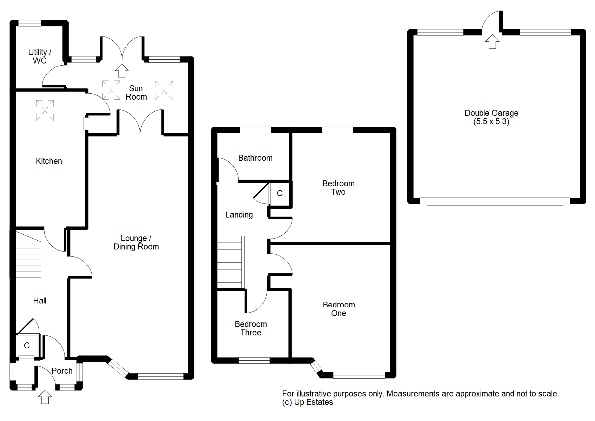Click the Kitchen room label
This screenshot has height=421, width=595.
click(x=49, y=161)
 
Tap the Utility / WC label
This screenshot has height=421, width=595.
click(x=40, y=56)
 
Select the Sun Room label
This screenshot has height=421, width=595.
click(x=136, y=93)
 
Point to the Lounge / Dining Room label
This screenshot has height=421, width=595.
click(x=136, y=242)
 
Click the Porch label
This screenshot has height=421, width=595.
click(x=62, y=371)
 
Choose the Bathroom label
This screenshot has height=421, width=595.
click(x=255, y=158)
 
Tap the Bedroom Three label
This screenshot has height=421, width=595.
click(x=251, y=328)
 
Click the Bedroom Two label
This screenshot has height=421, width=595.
click(x=339, y=188)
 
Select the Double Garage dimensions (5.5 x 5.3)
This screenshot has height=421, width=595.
click(x=491, y=122)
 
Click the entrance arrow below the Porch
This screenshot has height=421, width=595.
click(x=45, y=396)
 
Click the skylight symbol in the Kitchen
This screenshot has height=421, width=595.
click(x=45, y=111)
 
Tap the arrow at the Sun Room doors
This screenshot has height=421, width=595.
click(x=122, y=70)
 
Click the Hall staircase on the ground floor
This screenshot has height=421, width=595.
click(x=28, y=254)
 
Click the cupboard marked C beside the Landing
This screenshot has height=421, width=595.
click(x=280, y=193)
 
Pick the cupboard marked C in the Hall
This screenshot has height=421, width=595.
click(x=27, y=346)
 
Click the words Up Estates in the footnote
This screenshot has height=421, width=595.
click(x=314, y=402)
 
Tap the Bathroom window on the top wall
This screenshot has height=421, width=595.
click(x=256, y=130)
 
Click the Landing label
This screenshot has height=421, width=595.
click(x=239, y=215)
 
